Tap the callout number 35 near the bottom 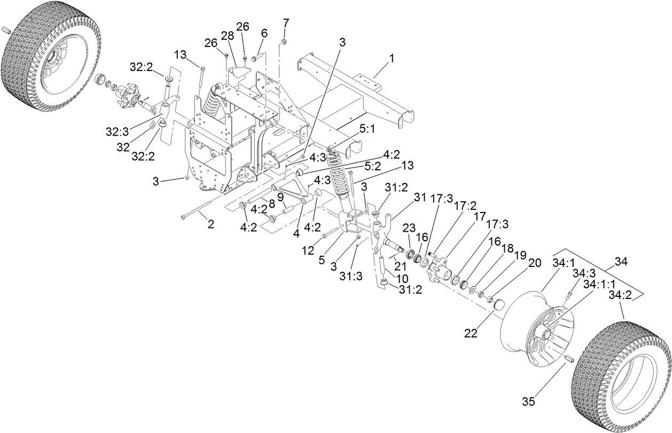[529, 400]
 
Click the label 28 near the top [228, 36]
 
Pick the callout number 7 [264, 33]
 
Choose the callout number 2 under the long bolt [211, 224]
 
